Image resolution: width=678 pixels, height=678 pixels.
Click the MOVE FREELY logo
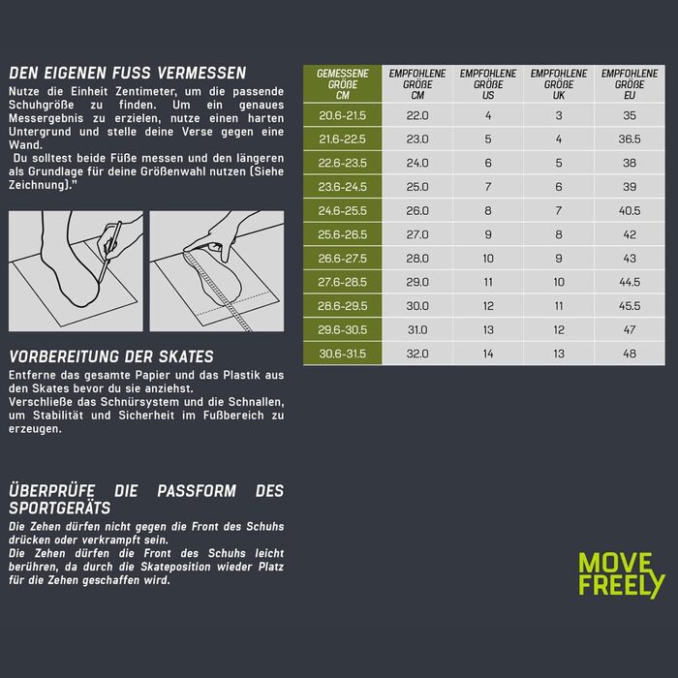pos(622,575)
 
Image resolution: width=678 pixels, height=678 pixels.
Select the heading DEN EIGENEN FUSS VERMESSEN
pos(128,73)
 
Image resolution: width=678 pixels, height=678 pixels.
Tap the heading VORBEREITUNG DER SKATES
pos(111,356)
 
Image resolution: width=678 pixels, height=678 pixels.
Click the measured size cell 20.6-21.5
pos(343,115)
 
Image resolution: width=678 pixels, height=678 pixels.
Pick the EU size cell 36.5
pos(630,139)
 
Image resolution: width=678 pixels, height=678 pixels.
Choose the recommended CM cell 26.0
pos(417,210)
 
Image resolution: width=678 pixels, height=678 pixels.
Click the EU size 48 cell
pos(630,354)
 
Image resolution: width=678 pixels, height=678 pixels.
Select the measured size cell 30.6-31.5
pos(343,354)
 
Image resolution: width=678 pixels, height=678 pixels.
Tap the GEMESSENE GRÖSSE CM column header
pos(343,84)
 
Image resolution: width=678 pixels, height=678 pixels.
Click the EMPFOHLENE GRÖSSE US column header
pos(488,84)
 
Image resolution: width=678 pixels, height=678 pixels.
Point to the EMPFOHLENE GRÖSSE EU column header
pos(630,84)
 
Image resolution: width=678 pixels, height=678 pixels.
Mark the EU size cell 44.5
pos(630,282)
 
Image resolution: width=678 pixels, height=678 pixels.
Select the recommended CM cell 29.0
pos(417,282)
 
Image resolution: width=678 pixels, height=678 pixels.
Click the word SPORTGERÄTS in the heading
pos(60,508)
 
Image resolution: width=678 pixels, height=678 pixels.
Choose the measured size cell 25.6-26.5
pos(343,234)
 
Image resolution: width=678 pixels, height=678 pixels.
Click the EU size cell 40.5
pos(630,210)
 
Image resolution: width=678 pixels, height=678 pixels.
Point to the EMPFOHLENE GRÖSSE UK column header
pos(559,84)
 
